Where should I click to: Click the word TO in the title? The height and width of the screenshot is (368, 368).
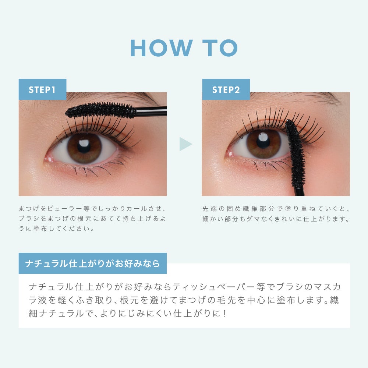tap(220, 48)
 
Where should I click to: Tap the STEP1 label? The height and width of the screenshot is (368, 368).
tap(42, 90)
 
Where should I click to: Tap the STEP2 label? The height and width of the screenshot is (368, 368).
tap(226, 90)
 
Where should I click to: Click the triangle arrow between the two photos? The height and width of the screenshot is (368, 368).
tap(185, 144)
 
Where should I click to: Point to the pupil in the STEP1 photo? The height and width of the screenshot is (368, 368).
tap(84, 146)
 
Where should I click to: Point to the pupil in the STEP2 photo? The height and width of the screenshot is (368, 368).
tap(263, 142)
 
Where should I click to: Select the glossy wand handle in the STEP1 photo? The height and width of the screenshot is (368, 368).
tap(151, 111)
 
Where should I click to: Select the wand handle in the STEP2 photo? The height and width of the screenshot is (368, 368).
tap(299, 191)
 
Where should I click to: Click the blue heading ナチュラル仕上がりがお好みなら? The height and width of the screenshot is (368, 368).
tap(93, 263)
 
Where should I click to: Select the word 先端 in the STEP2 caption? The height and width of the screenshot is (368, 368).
tap(210, 208)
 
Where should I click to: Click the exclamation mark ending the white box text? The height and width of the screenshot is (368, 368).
tap(225, 314)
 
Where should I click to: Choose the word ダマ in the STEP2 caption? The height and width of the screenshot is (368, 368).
tap(253, 219)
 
